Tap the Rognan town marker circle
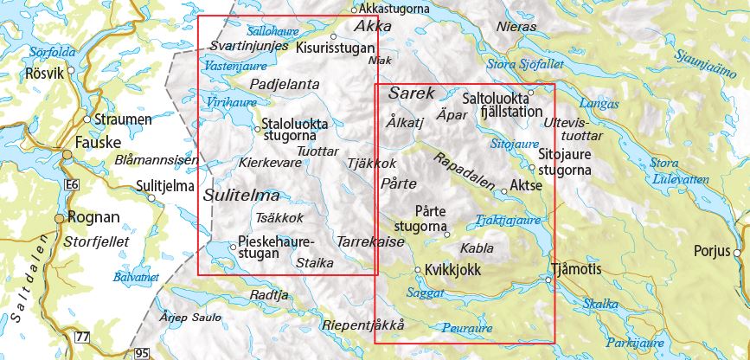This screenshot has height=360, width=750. (60, 218)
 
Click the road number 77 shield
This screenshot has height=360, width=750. (83, 336)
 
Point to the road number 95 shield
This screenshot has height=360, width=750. (142, 353)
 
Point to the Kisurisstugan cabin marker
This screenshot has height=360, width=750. (334, 36)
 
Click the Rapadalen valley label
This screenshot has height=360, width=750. (465, 172)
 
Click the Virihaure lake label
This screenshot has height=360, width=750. (228, 101)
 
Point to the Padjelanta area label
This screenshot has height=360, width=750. (285, 85)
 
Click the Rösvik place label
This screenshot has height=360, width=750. (46, 74)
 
